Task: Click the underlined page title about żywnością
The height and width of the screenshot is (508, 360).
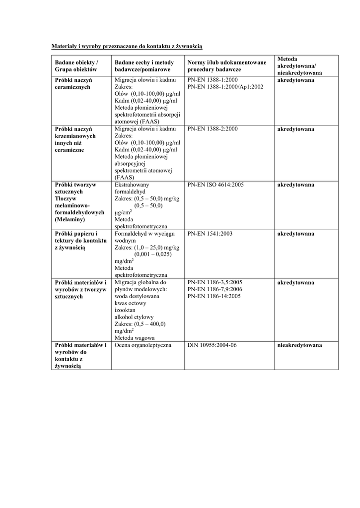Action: point(127,46)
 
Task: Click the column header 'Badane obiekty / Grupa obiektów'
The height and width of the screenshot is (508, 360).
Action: point(77,65)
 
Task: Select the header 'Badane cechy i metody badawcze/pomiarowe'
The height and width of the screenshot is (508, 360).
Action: point(144,65)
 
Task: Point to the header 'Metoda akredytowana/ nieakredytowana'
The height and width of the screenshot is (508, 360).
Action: point(299,65)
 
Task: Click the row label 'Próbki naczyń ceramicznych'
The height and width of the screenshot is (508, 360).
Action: point(73,83)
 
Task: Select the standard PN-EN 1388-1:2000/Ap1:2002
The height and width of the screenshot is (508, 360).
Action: point(225,86)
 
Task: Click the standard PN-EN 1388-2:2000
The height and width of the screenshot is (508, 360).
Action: point(213,129)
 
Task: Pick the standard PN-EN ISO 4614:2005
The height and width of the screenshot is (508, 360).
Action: point(216,185)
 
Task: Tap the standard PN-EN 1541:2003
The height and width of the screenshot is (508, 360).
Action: point(210,233)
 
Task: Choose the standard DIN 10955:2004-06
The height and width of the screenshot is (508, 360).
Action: point(212,345)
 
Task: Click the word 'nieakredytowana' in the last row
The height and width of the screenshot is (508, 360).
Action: point(299,345)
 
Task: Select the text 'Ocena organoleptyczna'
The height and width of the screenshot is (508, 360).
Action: point(143,345)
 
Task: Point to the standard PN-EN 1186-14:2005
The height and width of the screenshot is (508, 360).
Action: point(214,296)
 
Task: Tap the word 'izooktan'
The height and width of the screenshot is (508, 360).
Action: point(125,310)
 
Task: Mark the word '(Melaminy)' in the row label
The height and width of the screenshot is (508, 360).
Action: point(70,219)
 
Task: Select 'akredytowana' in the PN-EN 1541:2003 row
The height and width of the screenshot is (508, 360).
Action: point(295,233)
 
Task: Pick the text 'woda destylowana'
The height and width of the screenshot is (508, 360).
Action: point(137,296)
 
